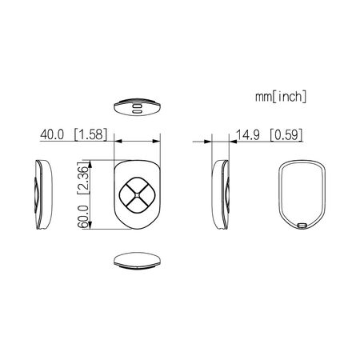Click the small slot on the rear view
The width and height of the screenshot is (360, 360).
(x=303, y=226)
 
